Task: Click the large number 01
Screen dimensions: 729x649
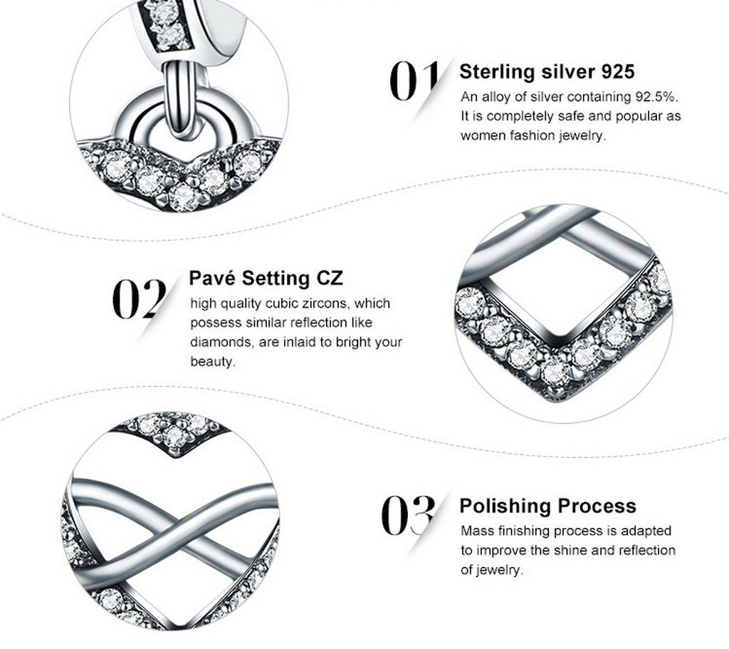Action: tap(414, 81)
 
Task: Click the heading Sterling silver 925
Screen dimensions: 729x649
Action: tap(547, 71)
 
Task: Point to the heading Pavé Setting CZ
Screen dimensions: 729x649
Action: tap(266, 278)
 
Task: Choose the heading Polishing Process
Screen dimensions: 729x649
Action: tap(547, 506)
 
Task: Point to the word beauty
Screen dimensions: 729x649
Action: tap(212, 361)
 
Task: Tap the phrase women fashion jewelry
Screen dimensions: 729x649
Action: tap(533, 135)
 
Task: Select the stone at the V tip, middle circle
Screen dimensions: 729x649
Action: tap(555, 370)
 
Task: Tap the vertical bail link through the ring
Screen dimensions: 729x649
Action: tap(179, 98)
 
